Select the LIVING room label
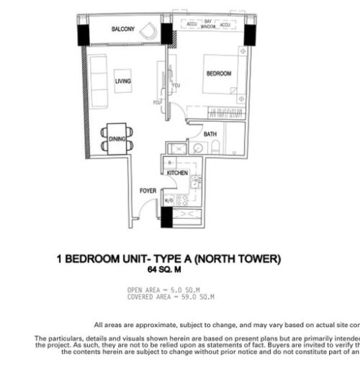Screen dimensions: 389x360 click(123, 81)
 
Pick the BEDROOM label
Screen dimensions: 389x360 click(219, 73)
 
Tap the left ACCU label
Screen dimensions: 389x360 click(192, 24)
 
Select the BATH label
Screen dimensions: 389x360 click(210, 135)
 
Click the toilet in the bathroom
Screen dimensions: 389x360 click(218, 149)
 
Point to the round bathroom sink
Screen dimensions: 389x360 click(194, 150)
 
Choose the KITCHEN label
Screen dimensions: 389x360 click(178, 174)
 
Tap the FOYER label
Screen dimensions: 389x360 click(148, 191)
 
